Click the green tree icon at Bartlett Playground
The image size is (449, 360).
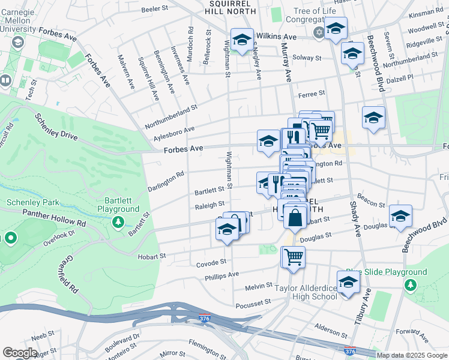pyautogui.click(x=119, y=222)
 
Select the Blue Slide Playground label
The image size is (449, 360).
pyautogui.click(x=394, y=272)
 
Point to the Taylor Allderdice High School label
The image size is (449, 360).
pyautogui.click(x=306, y=291)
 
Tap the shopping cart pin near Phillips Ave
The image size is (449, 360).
pyautogui.click(x=294, y=257)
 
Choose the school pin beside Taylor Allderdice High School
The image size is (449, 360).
pyautogui.click(x=348, y=283)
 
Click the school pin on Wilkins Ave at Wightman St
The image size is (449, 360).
pyautogui.click(x=242, y=40)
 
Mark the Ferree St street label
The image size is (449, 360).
pyautogui.click(x=312, y=94)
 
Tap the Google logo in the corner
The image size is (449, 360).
pyautogui.click(x=20, y=353)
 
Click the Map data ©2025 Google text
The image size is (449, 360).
pyautogui.click(x=412, y=355)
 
